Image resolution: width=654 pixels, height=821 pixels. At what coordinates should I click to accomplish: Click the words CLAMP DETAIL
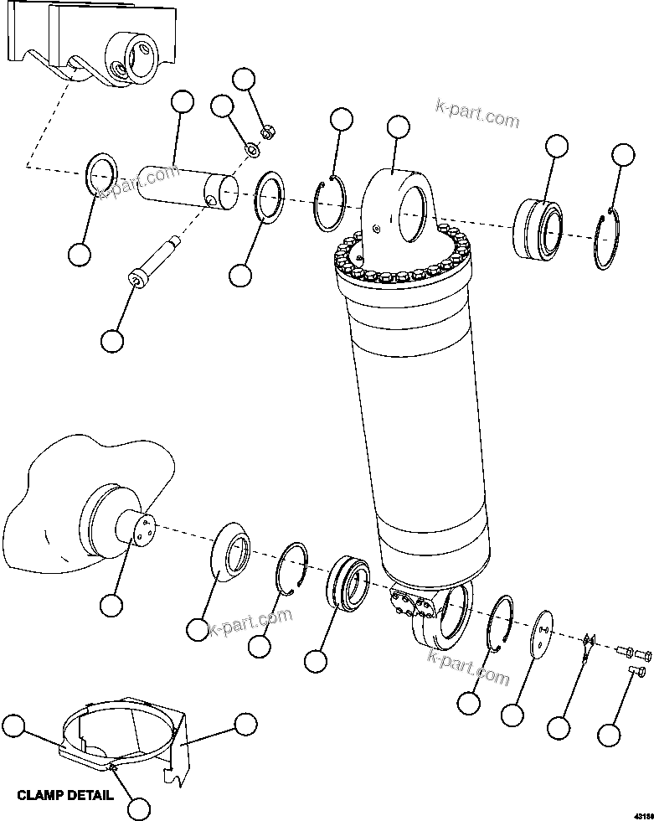65,795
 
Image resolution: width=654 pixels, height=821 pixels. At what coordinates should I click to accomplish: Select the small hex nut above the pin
269,132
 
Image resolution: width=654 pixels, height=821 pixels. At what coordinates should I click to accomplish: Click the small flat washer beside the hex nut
251,151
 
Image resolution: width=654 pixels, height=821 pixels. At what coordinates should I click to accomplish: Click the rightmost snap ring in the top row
609,242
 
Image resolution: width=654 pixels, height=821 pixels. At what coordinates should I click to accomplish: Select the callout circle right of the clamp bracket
245,725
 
